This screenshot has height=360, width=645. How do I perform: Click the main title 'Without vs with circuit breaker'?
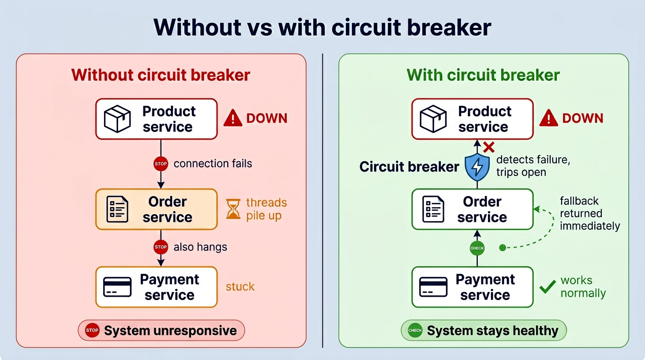322,27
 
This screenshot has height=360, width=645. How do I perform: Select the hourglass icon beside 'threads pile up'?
233,209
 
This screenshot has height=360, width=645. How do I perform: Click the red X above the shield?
489,148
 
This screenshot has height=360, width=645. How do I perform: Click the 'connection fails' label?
212,164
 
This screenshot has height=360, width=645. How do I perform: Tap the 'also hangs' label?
200,247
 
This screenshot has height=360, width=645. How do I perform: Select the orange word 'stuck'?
240,286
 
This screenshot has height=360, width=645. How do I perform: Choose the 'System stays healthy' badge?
483,330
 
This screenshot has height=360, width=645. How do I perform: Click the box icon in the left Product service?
117,119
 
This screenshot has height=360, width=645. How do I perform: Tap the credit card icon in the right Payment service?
433,287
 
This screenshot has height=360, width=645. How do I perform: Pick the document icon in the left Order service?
117,209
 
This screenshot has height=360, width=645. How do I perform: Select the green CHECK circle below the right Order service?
477,248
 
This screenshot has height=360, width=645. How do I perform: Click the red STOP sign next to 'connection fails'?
161,164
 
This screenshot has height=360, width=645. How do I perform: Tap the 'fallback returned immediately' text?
590,213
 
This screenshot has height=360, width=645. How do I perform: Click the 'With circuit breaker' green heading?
483,75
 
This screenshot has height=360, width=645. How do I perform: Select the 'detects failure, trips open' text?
533,166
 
